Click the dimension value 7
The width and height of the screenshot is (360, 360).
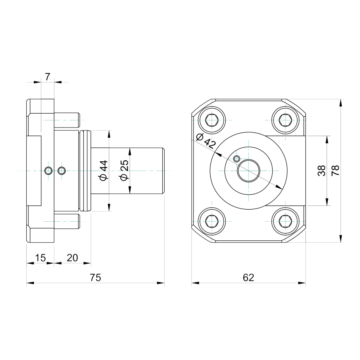pyautogui.click(x=47, y=77)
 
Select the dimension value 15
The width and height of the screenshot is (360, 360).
pyautogui.click(x=40, y=258)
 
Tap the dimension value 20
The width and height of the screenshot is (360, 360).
pyautogui.click(x=72, y=258)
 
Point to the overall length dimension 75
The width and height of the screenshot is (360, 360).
pyautogui.click(x=95, y=277)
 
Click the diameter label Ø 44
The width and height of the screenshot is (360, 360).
pyautogui.click(x=104, y=171)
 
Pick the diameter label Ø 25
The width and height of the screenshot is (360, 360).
pyautogui.click(x=124, y=170)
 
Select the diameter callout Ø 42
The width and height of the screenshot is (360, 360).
pyautogui.click(x=206, y=141)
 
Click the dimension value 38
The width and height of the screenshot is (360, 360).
pyautogui.click(x=322, y=171)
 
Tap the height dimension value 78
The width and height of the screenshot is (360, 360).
pyautogui.click(x=336, y=171)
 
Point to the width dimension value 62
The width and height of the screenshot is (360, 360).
pyautogui.click(x=248, y=277)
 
